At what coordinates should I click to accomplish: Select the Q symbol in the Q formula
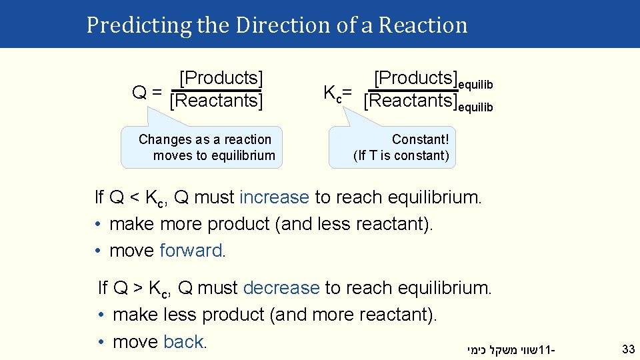(139, 92)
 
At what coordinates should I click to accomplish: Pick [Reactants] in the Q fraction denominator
(217, 101)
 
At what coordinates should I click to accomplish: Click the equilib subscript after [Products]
(475, 85)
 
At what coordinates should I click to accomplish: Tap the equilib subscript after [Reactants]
(475, 107)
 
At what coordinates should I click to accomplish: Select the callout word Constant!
(420, 139)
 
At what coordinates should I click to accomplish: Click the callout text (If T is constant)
(401, 156)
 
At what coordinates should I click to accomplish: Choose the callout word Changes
(156, 139)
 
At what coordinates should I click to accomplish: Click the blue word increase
(274, 197)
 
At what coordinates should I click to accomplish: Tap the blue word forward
(193, 251)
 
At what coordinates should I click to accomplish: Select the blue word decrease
(281, 288)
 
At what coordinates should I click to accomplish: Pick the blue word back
(183, 342)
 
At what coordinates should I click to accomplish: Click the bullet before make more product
(98, 225)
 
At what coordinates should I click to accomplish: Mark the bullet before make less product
(101, 315)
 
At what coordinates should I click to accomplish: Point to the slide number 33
(628, 349)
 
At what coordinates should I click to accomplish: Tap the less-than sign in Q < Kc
(136, 198)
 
